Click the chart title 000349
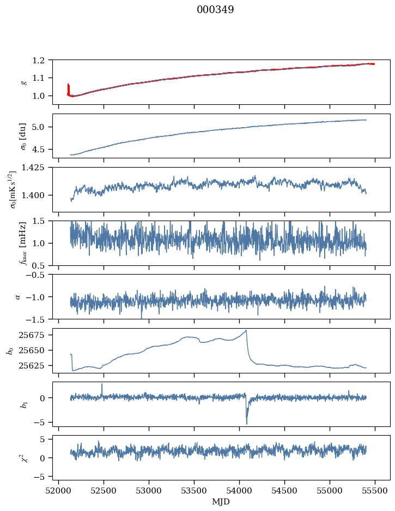[215, 10]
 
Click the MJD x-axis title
[221, 501]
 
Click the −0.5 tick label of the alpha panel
[40, 275]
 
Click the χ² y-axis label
[23, 458]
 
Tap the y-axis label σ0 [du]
[23, 136]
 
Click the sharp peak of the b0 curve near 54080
[246, 330]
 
